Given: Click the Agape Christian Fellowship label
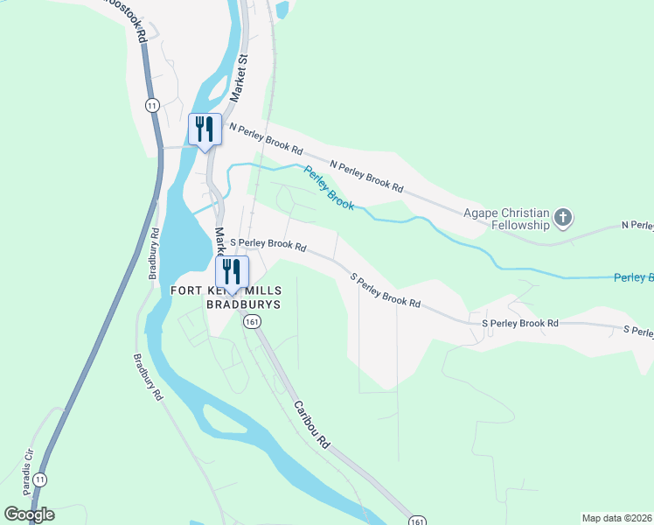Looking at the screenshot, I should point(506,219).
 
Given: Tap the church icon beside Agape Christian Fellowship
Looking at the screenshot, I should point(564,217).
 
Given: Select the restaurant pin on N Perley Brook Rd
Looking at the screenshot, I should point(205,129).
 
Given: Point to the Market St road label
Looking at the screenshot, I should point(240,77).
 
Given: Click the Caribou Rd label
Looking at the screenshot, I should point(310,423).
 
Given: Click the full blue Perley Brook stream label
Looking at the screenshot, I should point(329,187).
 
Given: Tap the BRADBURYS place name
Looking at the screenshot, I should point(243,304).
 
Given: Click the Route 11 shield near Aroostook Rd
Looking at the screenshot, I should point(152,105).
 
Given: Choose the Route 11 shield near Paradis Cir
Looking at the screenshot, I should point(40,479).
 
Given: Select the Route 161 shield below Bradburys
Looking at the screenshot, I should point(252,322).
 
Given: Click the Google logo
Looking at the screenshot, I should point(29,514).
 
